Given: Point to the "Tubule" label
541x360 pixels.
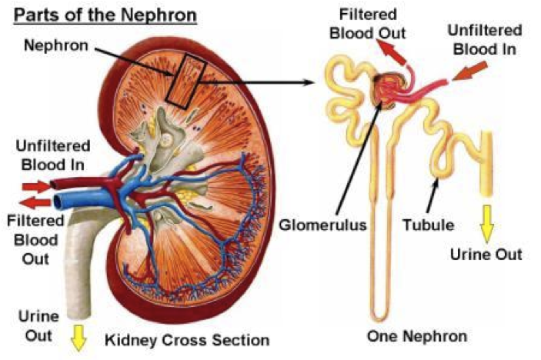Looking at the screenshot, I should pos(427,225).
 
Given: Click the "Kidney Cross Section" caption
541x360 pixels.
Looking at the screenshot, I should pos(187,339).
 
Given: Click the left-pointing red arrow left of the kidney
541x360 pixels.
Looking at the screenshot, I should pos(35,202).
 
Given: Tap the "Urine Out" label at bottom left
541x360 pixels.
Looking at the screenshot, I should pos(35,325).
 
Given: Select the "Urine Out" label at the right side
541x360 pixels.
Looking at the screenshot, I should pos(496,254).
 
